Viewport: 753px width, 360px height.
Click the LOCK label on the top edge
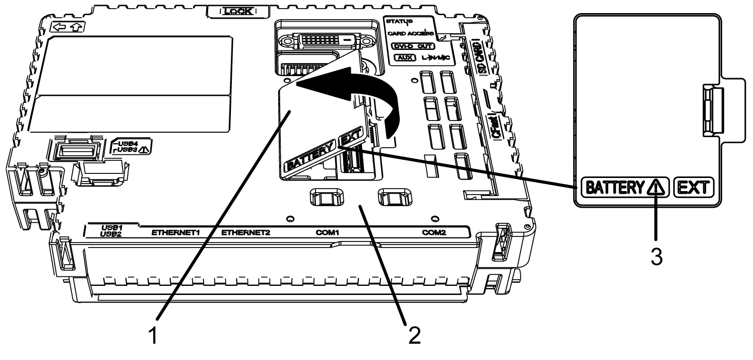click(x=238, y=11)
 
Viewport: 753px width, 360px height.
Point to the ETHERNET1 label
click(x=173, y=233)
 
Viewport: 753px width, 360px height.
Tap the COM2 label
click(x=434, y=233)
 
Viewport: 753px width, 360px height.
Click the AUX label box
click(x=403, y=58)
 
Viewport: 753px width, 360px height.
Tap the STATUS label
click(x=398, y=22)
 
